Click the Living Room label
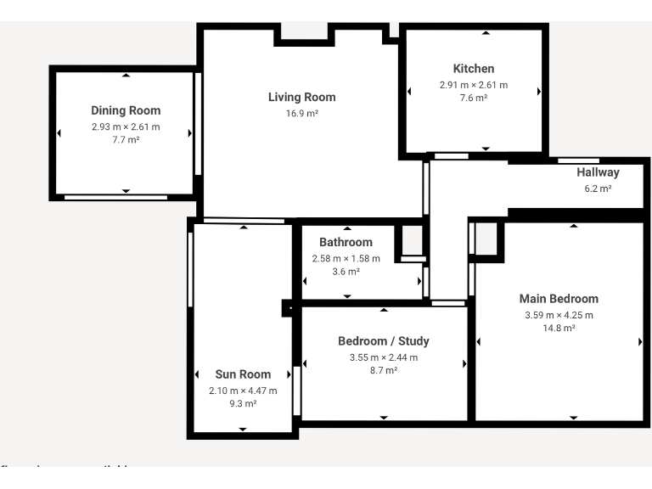pyautogui.click(x=301, y=97)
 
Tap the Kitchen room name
pyautogui.click(x=473, y=69)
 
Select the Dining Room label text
pyautogui.click(x=126, y=110)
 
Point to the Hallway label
pyautogui.click(x=598, y=172)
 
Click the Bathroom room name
pyautogui.click(x=346, y=242)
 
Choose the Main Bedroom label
pyautogui.click(x=559, y=299)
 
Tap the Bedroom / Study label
pyautogui.click(x=383, y=341)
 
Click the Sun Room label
pyautogui.click(x=243, y=374)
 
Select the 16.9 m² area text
pyautogui.click(x=301, y=113)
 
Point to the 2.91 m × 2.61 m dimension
pyautogui.click(x=473, y=85)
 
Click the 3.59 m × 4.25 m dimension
pyautogui.click(x=559, y=315)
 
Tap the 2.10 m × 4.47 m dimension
pyautogui.click(x=243, y=391)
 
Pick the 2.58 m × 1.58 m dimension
pyautogui.click(x=346, y=258)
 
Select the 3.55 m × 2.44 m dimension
pyautogui.click(x=383, y=357)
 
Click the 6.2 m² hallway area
pyautogui.click(x=598, y=188)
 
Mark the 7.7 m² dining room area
pyautogui.click(x=126, y=140)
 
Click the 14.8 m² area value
pyautogui.click(x=559, y=328)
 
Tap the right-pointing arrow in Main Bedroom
pyautogui.click(x=640, y=341)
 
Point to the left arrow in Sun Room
pyautogui.click(x=197, y=374)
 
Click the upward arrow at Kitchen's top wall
pyautogui.click(x=486, y=33)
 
